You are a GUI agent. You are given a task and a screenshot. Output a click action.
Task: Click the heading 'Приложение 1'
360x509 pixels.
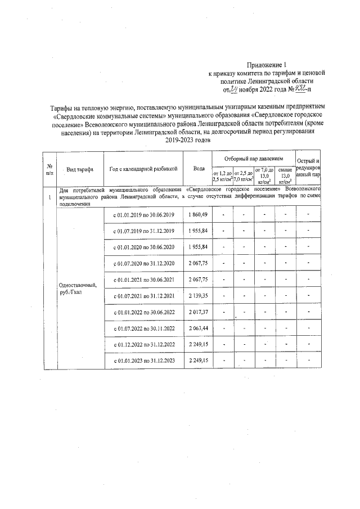pyautogui.click(x=271, y=65)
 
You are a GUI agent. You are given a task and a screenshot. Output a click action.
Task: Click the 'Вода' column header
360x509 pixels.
pyautogui.click(x=199, y=168)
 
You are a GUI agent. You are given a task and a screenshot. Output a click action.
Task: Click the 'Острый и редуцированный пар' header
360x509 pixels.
pyautogui.click(x=308, y=168)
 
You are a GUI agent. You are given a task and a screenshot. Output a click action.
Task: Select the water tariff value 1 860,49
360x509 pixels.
pyautogui.click(x=199, y=215)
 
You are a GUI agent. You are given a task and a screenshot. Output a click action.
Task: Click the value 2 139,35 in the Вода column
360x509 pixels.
pyautogui.click(x=199, y=296)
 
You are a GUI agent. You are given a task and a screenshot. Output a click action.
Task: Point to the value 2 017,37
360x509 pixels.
pyautogui.click(x=199, y=312)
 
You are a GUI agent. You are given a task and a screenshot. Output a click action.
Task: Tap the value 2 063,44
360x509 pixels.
pyautogui.click(x=199, y=328)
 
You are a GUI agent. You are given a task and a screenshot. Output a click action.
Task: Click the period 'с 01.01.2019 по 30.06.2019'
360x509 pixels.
pyautogui.click(x=144, y=215)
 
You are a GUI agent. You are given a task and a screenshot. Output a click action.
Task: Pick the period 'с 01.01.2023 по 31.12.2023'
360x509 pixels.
pyautogui.click(x=144, y=360)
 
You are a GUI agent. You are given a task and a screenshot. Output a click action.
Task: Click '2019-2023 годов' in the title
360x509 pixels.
pyautogui.click(x=188, y=140)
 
